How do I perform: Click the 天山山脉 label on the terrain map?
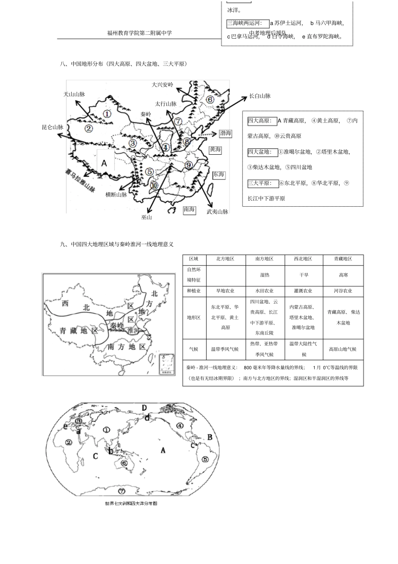(74, 94)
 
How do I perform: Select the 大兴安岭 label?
(162, 85)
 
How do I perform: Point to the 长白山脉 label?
(260, 96)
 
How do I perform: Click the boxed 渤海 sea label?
(225, 133)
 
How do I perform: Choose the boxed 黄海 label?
(215, 150)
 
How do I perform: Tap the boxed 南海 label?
(189, 210)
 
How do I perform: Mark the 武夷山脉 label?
(217, 212)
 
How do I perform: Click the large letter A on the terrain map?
(104, 163)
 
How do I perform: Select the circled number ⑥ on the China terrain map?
(210, 100)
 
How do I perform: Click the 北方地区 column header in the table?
(225, 259)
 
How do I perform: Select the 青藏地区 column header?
(343, 259)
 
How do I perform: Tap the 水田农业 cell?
(264, 291)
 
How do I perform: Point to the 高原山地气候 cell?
(343, 349)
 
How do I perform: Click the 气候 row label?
(194, 349)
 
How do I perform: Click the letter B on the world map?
(210, 437)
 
